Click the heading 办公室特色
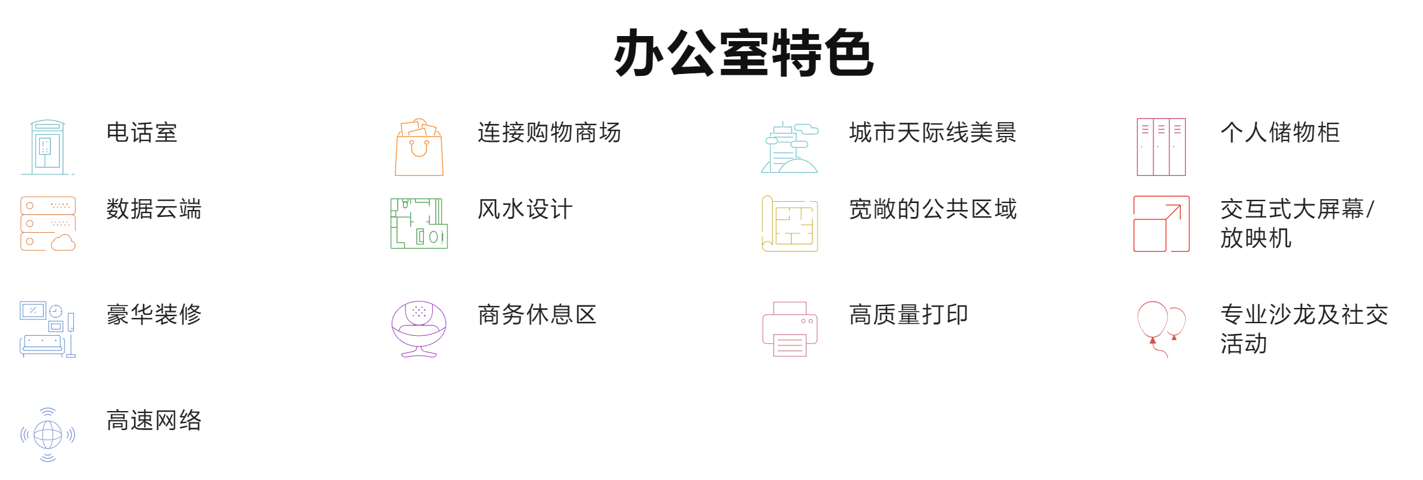pyautogui.click(x=743, y=53)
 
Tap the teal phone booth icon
pyautogui.click(x=47, y=147)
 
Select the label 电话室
pyautogui.click(x=142, y=133)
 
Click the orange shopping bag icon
pyautogui.click(x=419, y=147)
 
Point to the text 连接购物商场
pyautogui.click(x=549, y=133)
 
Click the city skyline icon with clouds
pyautogui.click(x=790, y=147)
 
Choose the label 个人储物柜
pyautogui.click(x=1280, y=133)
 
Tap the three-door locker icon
pyautogui.click(x=1161, y=147)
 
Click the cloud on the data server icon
pyautogui.click(x=63, y=242)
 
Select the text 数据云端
pyautogui.click(x=154, y=209)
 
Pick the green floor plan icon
pyautogui.click(x=419, y=223)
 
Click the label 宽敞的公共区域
pyautogui.click(x=933, y=209)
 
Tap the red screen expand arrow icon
pyautogui.click(x=1161, y=223)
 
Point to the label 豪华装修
pyautogui.click(x=154, y=314)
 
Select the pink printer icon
pyautogui.click(x=790, y=329)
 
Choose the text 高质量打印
pyautogui.click(x=909, y=314)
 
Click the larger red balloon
pyautogui.click(x=1152, y=319)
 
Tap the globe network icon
pyautogui.click(x=47, y=434)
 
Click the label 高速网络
pyautogui.click(x=154, y=420)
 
